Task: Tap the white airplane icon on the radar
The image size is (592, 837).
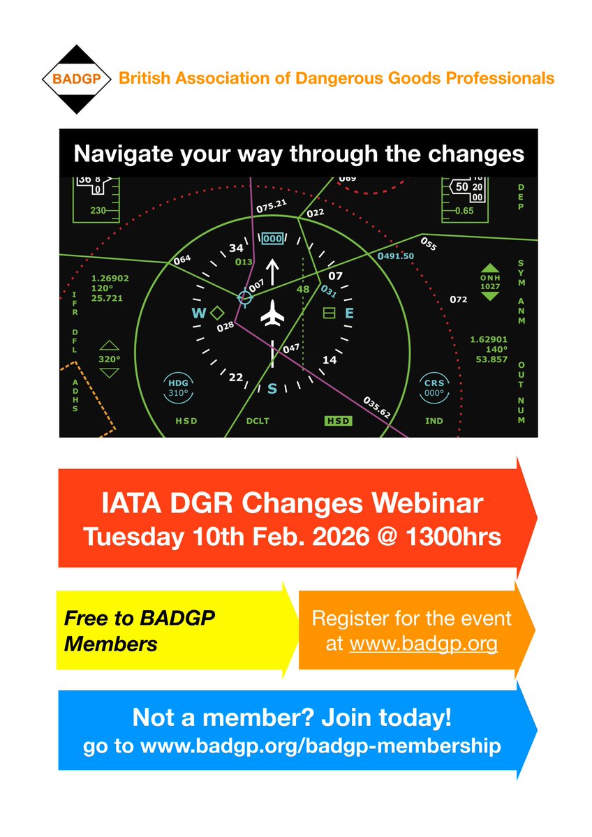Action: pyautogui.click(x=272, y=316)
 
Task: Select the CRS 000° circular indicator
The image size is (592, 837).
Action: pyautogui.click(x=434, y=387)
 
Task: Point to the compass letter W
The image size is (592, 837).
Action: pyautogui.click(x=199, y=313)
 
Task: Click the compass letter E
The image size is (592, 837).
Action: pyautogui.click(x=349, y=313)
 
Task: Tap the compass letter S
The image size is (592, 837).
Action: pyautogui.click(x=272, y=388)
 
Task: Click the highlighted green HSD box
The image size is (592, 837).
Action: pyautogui.click(x=339, y=421)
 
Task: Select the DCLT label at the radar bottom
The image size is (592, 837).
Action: pyautogui.click(x=258, y=421)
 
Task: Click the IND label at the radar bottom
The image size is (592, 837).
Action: pyautogui.click(x=434, y=421)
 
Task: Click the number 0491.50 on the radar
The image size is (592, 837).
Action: pyautogui.click(x=396, y=256)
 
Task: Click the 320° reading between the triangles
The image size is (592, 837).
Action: pyautogui.click(x=110, y=359)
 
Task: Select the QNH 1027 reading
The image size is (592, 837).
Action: pyautogui.click(x=491, y=281)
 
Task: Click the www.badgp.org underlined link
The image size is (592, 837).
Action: pyautogui.click(x=423, y=643)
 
